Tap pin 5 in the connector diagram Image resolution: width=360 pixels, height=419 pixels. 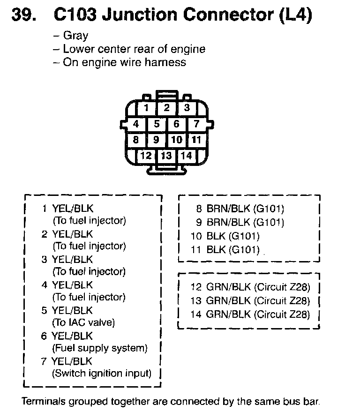[157, 124]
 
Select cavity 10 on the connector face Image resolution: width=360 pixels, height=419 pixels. [176, 140]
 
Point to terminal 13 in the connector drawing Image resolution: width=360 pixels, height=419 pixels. [166, 156]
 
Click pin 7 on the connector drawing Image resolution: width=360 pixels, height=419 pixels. [196, 124]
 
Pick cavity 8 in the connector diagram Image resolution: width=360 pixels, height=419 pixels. [136, 140]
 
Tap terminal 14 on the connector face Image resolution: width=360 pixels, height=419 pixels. [187, 155]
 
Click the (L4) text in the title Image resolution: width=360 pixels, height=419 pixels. [295, 15]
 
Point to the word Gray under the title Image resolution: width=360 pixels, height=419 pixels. [75, 36]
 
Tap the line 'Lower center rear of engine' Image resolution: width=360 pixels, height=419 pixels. [134, 49]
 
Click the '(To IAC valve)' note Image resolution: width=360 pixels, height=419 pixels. [83, 322]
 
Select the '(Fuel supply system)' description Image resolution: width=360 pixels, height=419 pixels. [100, 348]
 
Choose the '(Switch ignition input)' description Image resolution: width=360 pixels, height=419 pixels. [102, 374]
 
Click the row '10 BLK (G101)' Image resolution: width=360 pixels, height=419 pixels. [225, 236]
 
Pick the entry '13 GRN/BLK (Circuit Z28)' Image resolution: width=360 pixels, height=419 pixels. [250, 301]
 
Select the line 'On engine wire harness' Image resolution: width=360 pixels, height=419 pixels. [125, 62]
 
